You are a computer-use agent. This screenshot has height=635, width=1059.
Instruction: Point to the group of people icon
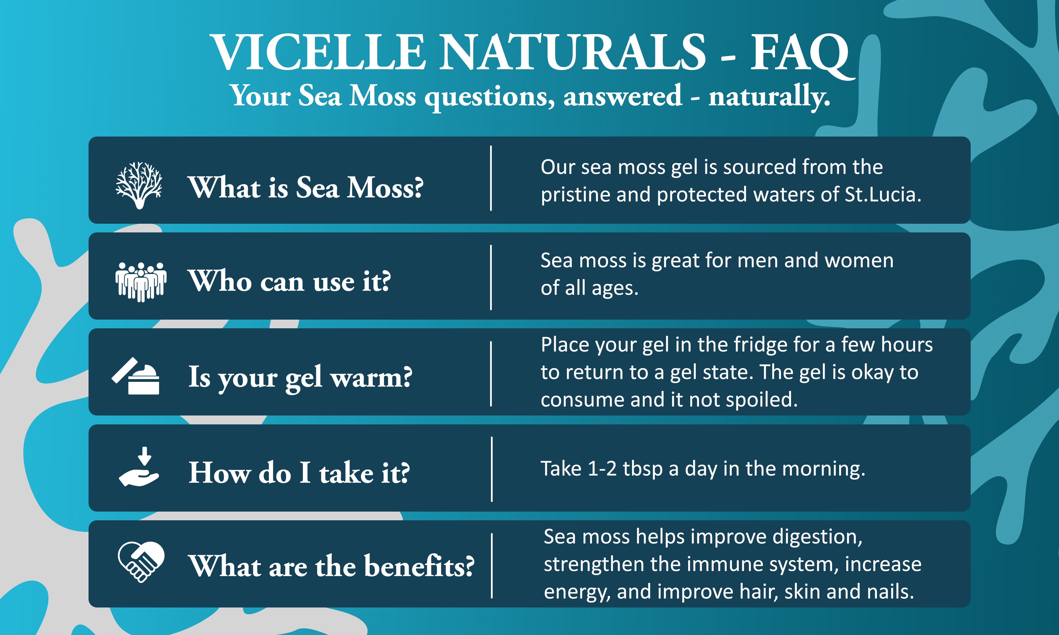point(141,282)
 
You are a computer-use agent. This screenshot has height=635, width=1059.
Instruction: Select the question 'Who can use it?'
point(289,281)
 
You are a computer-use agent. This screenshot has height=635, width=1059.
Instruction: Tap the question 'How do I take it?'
point(299,473)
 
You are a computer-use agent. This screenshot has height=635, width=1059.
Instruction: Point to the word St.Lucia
point(883,195)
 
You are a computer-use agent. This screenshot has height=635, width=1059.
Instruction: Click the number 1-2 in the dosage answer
point(602,469)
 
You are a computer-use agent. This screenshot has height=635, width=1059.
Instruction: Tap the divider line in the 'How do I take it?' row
point(492,469)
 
